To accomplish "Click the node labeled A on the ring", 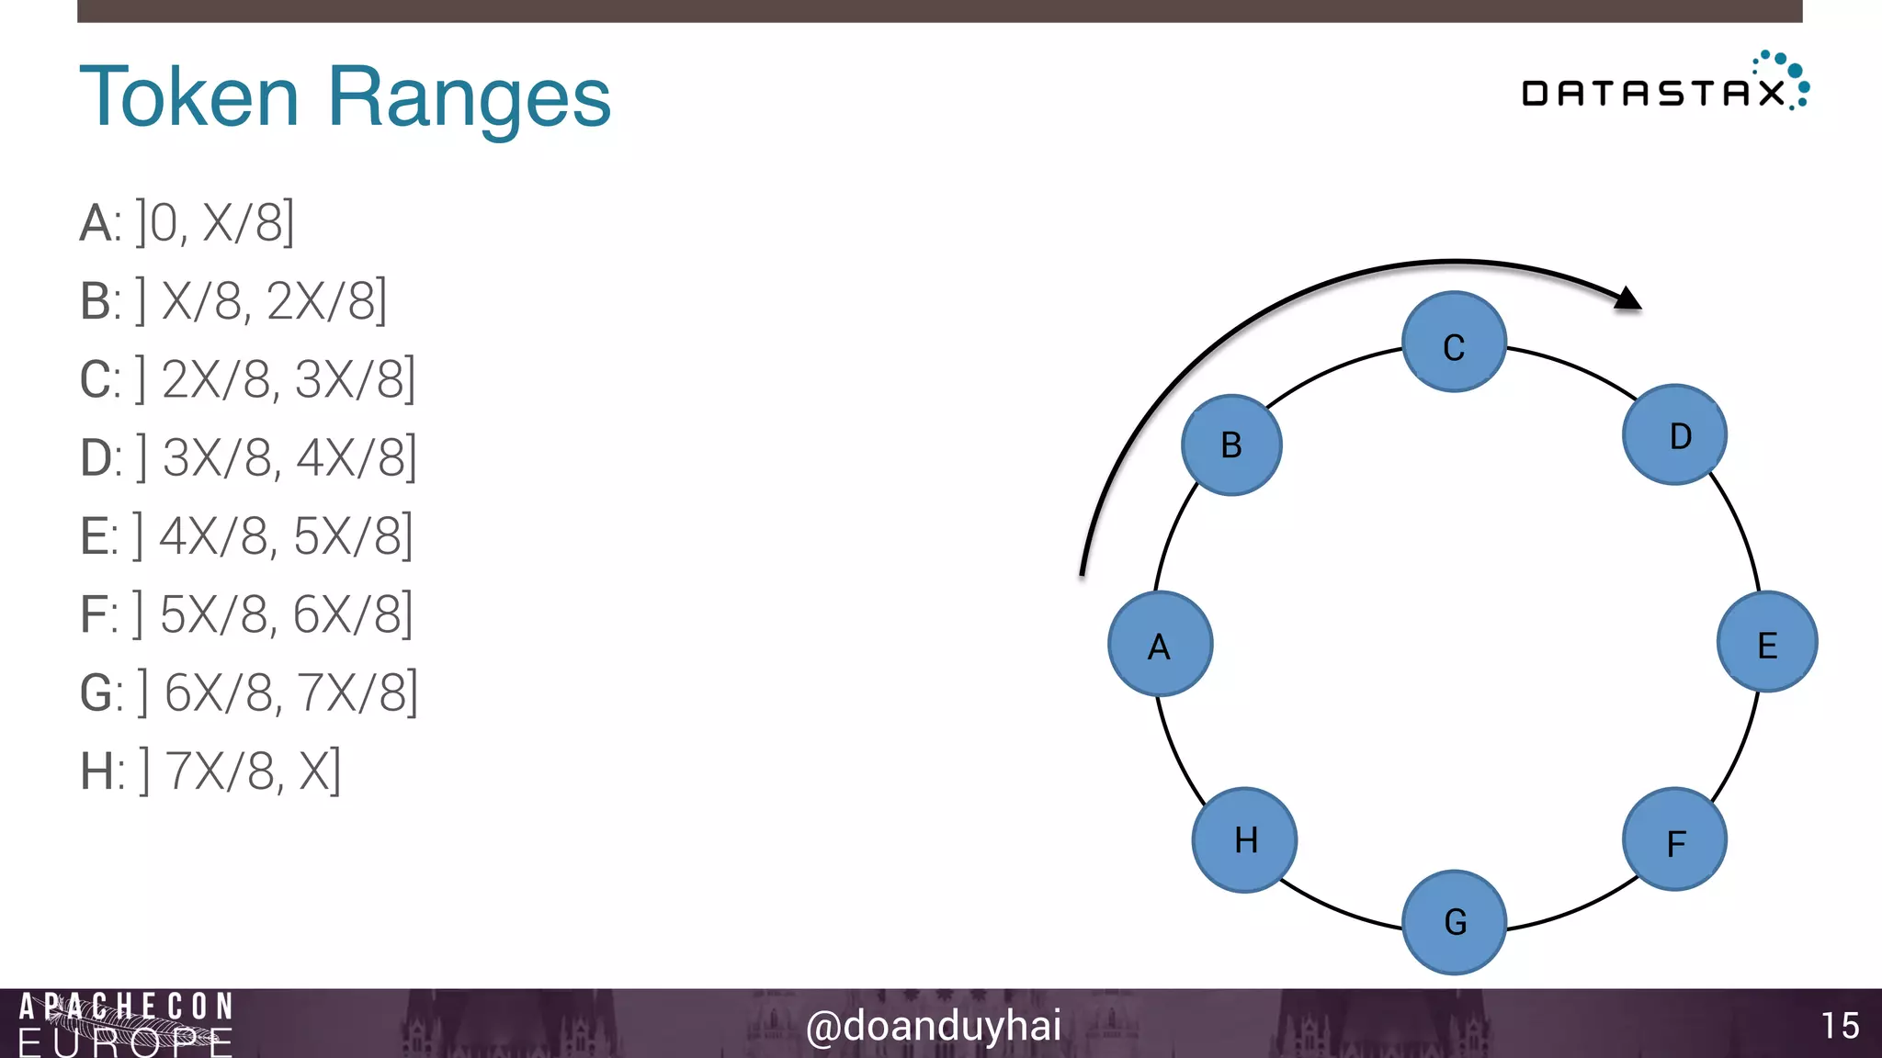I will pos(1160,644).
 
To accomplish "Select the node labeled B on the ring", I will pos(1231,445).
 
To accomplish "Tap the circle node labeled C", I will pos(1454,343).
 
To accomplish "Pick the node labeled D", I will pos(1674,434).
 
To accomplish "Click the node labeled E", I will pos(1766,642).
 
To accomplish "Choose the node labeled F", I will pos(1674,839).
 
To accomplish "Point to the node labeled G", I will pos(1454,922).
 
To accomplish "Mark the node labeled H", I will pos(1244,839).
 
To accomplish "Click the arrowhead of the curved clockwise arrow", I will pos(1627,298).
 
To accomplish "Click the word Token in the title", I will pos(189,96).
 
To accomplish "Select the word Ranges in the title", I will pos(469,96).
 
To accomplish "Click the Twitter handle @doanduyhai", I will pos(933,1026).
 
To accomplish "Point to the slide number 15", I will pos(1840,1026).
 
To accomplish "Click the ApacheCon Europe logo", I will pos(126,1024).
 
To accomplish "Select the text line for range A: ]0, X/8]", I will pos(187,222).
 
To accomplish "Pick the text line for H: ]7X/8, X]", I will pos(211,771).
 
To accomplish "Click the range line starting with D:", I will pos(248,457).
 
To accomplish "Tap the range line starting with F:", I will pos(246,613).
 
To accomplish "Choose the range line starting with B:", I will pos(233,300).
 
